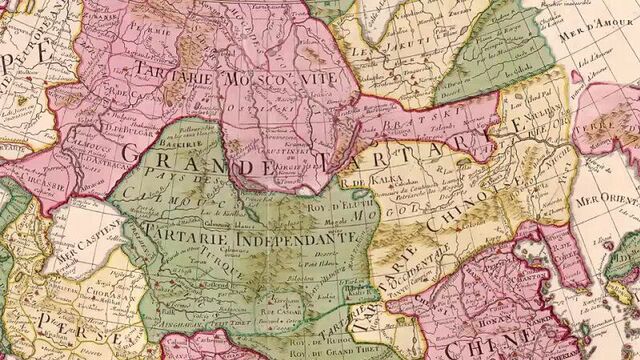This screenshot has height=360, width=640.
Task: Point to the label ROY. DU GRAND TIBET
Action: (301, 350)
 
